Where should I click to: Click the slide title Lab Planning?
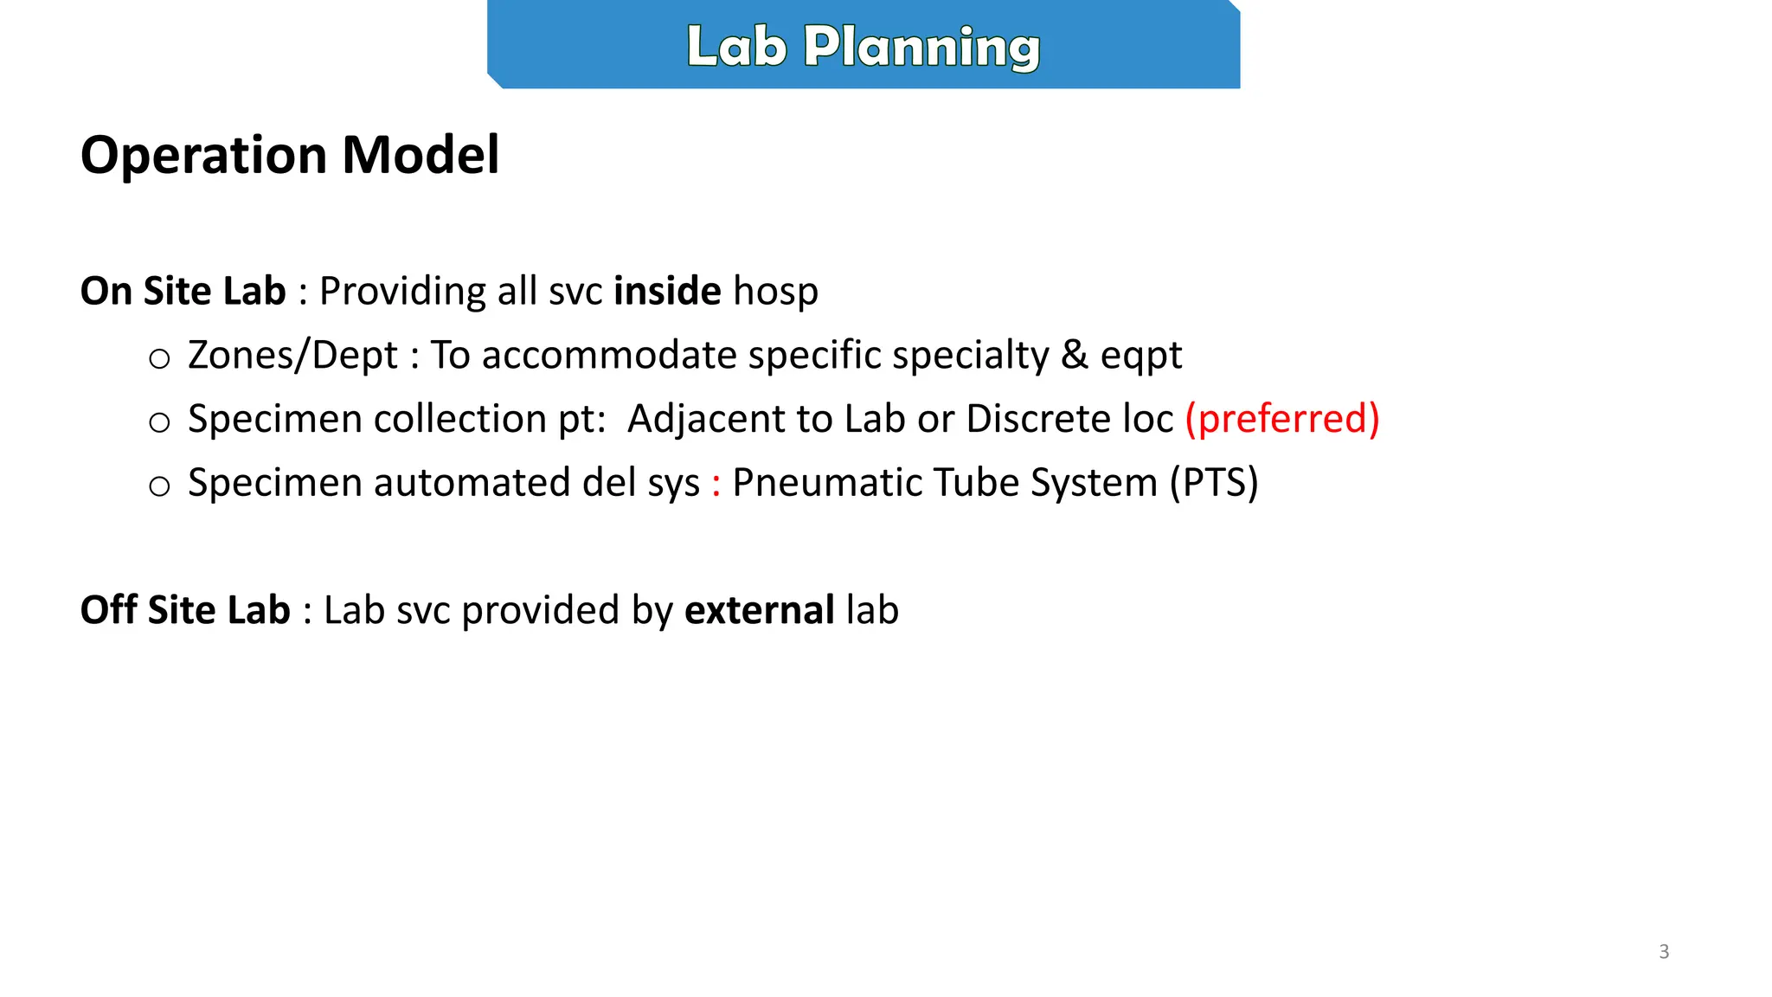[863, 47]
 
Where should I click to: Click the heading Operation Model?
[290, 155]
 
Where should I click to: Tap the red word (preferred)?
[1281, 420]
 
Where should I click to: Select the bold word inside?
[667, 291]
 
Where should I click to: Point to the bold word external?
[759, 610]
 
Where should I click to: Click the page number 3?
[1664, 952]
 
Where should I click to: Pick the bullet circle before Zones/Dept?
[159, 358]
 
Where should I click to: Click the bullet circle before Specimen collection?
[159, 422]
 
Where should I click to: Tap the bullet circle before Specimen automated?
[159, 486]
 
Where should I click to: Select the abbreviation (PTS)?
[1214, 483]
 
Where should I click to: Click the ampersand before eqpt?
[1074, 355]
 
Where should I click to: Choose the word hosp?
[775, 292]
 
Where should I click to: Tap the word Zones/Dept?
[292, 356]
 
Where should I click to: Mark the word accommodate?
[608, 356]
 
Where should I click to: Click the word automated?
[472, 483]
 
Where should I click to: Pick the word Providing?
[402, 292]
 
